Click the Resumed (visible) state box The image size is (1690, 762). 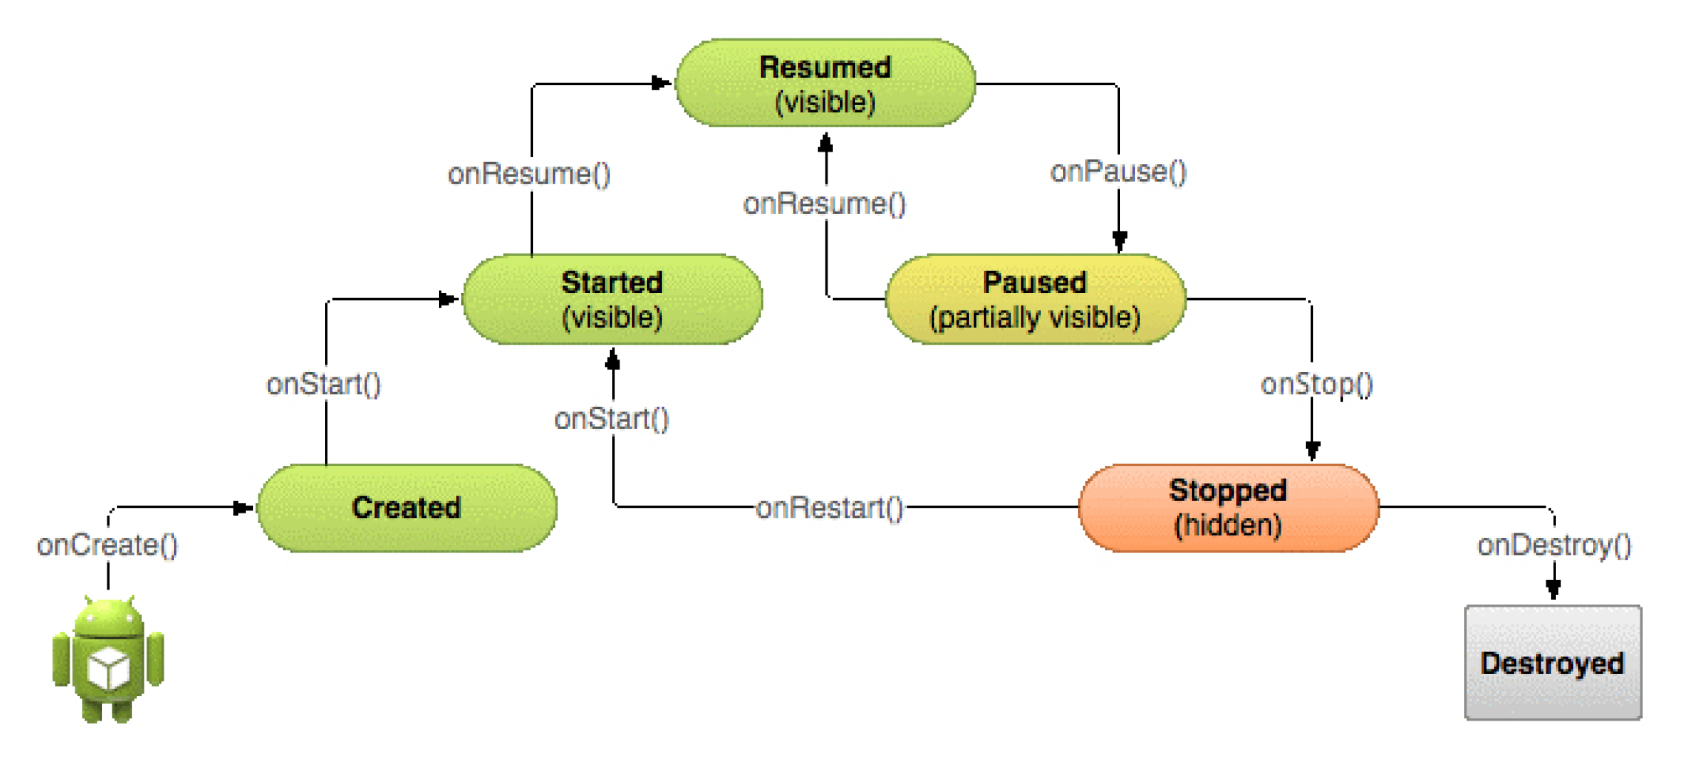(x=825, y=83)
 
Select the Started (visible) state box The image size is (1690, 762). (x=612, y=299)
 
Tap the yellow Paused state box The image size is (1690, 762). (x=1036, y=299)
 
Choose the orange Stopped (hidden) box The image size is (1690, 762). (x=1229, y=508)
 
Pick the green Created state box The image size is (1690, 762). (x=407, y=508)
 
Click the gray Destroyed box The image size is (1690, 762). (x=1553, y=662)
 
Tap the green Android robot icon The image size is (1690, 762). (x=108, y=659)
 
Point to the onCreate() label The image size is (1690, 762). (x=107, y=545)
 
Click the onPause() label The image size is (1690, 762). (x=1119, y=172)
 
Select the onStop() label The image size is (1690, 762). (x=1317, y=384)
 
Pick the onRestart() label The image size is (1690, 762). (x=830, y=508)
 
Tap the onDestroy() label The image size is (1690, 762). (x=1555, y=545)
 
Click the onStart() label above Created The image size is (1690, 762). (x=323, y=384)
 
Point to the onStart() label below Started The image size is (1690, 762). (x=611, y=419)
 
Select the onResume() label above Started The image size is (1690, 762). (x=529, y=174)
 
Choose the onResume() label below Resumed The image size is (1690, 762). (x=825, y=203)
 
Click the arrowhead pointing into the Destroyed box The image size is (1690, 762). (x=1554, y=589)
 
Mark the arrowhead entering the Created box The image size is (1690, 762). (x=244, y=508)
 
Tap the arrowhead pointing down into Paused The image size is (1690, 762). (x=1119, y=241)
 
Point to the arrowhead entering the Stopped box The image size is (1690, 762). (x=1312, y=450)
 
